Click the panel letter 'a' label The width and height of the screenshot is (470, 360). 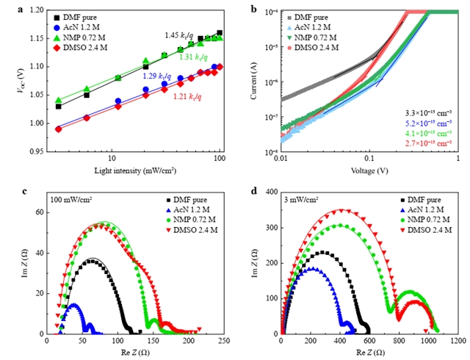pos(7,9)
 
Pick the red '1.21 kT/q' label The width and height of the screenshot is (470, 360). pos(187,95)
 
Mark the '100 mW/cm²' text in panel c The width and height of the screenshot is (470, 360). pos(72,199)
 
